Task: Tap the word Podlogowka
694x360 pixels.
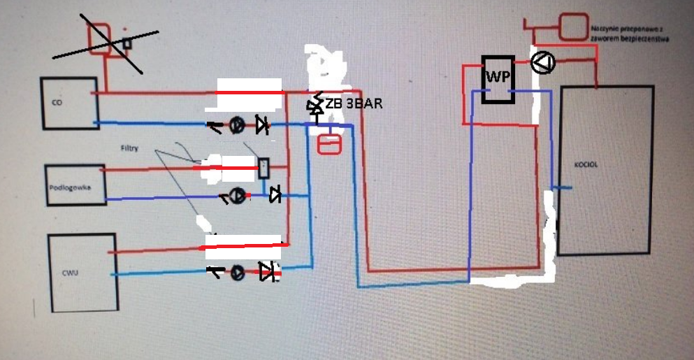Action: (x=67, y=187)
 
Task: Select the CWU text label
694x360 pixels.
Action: (x=68, y=272)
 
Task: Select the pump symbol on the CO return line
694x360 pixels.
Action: (x=237, y=126)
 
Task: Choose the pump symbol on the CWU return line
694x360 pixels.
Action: (x=238, y=273)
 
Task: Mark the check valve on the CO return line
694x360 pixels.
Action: (x=262, y=125)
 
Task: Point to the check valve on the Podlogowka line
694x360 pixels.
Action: (x=275, y=195)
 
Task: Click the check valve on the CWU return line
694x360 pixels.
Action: (x=267, y=272)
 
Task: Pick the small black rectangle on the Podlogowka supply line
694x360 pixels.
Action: (x=264, y=168)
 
